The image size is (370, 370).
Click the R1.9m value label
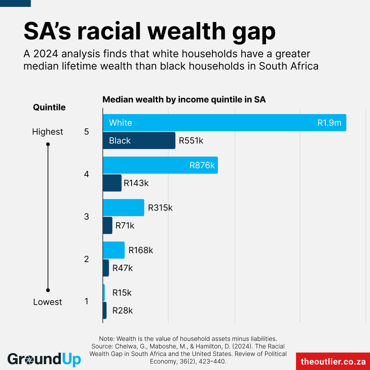(329, 123)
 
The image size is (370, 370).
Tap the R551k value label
(191, 141)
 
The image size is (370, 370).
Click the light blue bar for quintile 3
(123, 207)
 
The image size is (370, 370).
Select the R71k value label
(125, 226)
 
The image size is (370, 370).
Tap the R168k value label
(141, 250)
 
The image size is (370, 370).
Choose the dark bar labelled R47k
(106, 268)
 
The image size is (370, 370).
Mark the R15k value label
(122, 293)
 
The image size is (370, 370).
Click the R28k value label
(122, 311)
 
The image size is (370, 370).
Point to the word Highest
(48, 132)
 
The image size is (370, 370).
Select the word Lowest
(48, 302)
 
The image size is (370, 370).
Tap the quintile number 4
(87, 174)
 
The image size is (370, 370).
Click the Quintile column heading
(49, 107)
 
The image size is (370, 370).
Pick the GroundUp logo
(44, 359)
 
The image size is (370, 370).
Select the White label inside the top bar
(121, 123)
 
